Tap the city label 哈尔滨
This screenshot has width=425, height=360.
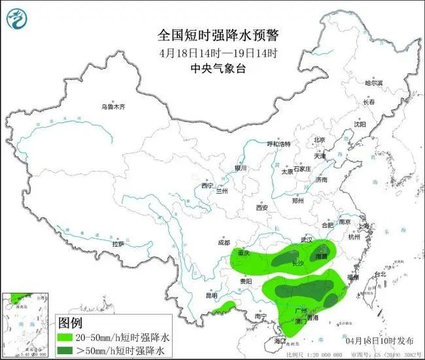tap(373, 83)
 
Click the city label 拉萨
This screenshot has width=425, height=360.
tap(118, 243)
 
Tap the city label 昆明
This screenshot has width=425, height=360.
tap(211, 296)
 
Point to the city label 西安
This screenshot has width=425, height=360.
tap(262, 208)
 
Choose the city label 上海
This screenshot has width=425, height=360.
tap(364, 226)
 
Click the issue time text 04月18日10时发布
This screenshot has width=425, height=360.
tap(379, 341)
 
